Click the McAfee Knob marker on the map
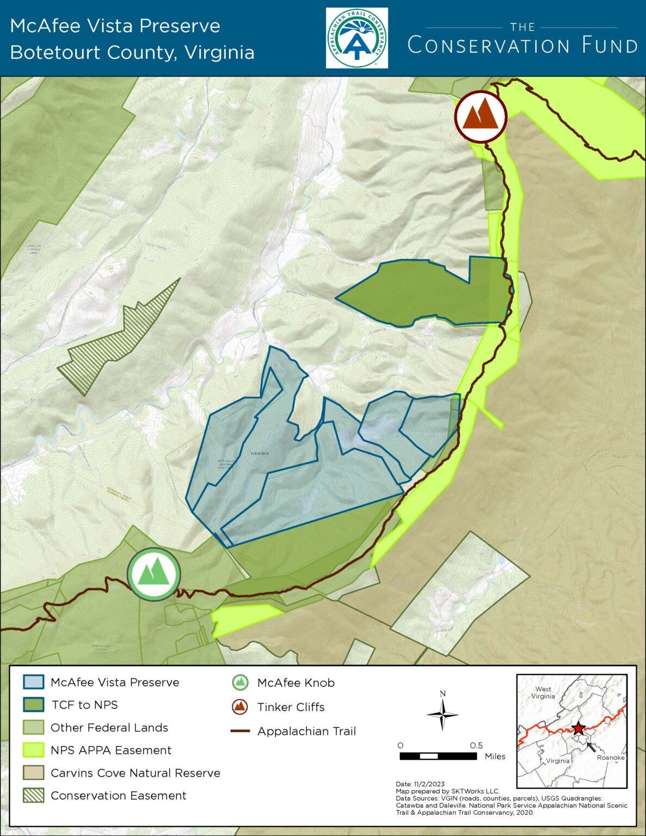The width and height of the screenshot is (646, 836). tap(153, 574)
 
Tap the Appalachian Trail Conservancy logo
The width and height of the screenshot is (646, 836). tap(357, 38)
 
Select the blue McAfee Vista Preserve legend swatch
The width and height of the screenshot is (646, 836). tap(33, 682)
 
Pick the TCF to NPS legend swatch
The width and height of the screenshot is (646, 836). tap(33, 705)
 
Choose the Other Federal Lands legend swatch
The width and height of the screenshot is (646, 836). tap(33, 728)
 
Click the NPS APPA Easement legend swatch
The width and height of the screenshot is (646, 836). tap(33, 750)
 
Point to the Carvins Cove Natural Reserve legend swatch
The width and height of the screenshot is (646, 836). tap(33, 773)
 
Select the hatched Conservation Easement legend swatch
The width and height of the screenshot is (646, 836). tap(33, 796)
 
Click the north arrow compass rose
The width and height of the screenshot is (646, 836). tap(442, 713)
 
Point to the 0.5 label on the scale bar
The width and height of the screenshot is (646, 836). tap(476, 746)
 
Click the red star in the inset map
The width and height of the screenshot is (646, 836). tap(578, 728)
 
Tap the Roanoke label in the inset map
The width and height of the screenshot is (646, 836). tap(610, 758)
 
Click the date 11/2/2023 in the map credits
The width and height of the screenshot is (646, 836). tap(430, 784)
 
